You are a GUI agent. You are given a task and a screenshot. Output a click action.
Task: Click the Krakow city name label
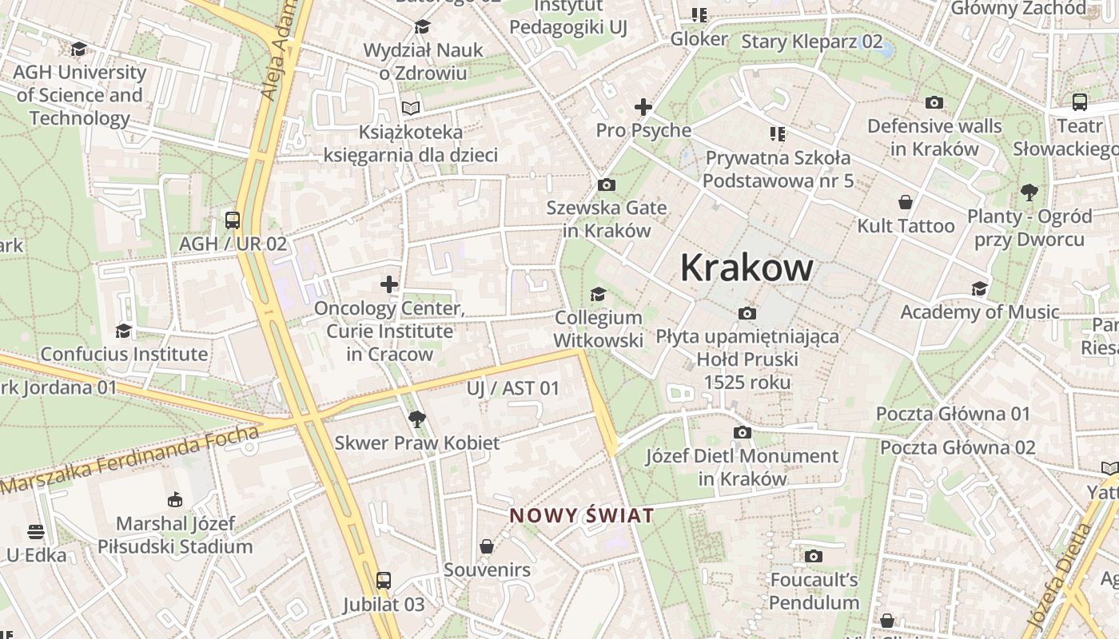click(747, 268)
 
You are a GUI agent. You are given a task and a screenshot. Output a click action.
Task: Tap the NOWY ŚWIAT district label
click(582, 515)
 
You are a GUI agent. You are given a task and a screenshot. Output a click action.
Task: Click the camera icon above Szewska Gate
click(607, 185)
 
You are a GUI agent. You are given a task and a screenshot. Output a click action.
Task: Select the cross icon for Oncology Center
click(389, 284)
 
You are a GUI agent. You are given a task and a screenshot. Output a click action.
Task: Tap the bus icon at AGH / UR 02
click(233, 220)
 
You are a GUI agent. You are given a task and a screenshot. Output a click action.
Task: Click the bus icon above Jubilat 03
click(384, 581)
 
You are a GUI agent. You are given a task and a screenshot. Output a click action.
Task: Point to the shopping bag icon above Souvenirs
click(486, 546)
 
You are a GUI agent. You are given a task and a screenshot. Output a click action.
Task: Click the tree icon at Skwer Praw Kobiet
click(416, 419)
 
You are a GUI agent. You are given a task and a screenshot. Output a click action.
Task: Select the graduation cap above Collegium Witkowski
click(598, 295)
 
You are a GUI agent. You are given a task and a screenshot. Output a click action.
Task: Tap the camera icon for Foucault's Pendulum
click(814, 556)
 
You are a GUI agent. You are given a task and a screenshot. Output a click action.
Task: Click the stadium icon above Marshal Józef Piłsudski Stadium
click(175, 500)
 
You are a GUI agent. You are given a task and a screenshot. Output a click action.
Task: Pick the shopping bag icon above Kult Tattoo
click(906, 202)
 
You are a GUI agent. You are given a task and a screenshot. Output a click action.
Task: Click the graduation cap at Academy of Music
click(979, 288)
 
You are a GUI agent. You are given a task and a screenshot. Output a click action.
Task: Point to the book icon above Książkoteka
click(411, 108)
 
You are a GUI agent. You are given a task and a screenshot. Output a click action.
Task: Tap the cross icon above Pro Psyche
click(643, 106)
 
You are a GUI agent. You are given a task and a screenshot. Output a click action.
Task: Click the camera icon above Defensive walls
click(934, 102)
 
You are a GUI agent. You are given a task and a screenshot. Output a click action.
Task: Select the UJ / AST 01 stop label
click(513, 388)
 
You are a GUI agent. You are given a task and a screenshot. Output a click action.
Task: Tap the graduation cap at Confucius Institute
click(123, 331)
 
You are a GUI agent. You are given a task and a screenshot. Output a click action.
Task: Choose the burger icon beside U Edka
click(35, 531)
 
